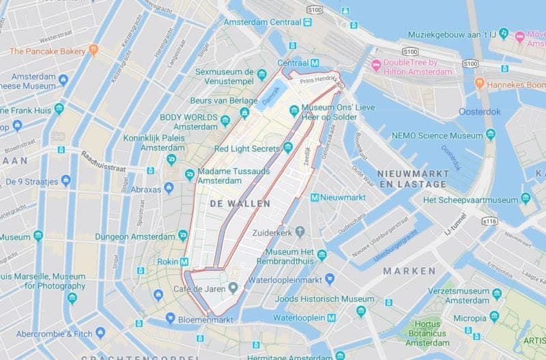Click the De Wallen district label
click(240, 204)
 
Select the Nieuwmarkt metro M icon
click(315, 197)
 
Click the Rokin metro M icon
click(184, 262)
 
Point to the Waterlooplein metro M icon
click(331, 318)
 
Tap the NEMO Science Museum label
click(437, 136)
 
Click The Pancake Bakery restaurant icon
click(94, 51)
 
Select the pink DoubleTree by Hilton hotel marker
click(375, 65)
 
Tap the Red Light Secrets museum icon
click(288, 148)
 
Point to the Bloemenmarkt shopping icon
click(171, 319)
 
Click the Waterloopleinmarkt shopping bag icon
click(330, 279)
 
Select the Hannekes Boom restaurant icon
click(479, 84)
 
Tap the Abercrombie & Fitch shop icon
click(100, 333)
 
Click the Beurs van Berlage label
click(220, 100)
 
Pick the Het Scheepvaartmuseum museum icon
click(526, 199)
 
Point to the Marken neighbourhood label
click(409, 271)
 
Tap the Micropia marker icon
click(494, 317)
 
